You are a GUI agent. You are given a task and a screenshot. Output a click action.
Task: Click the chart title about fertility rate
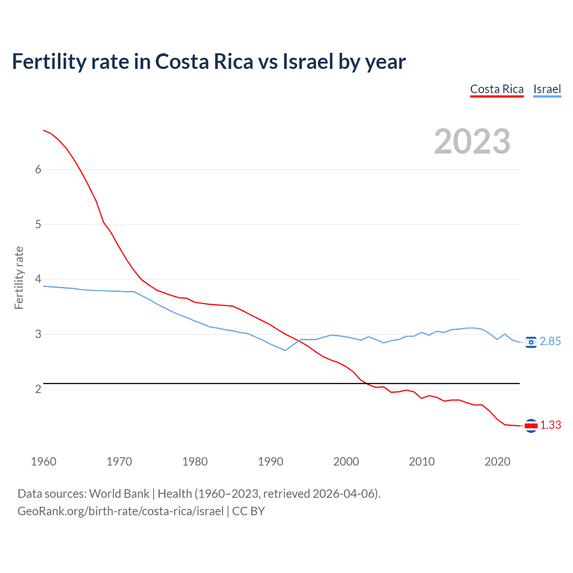(x=209, y=62)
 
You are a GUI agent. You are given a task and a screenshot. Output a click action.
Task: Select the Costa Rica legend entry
(x=496, y=89)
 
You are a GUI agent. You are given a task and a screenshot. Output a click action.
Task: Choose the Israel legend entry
(x=547, y=89)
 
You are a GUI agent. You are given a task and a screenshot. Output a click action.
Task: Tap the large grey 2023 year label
(x=472, y=141)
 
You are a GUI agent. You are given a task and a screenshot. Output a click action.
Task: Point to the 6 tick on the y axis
(x=38, y=169)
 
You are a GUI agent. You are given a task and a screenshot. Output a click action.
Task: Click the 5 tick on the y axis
(x=38, y=224)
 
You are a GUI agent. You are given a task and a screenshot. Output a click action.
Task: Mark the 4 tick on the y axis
(x=38, y=279)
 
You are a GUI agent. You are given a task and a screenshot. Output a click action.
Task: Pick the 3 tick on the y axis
(x=38, y=334)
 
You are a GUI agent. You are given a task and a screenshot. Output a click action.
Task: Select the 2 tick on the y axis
(x=38, y=389)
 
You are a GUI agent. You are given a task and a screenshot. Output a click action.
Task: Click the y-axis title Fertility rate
(x=19, y=278)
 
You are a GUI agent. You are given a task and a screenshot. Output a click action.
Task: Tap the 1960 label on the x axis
(x=43, y=462)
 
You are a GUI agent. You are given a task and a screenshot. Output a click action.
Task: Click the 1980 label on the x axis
(x=195, y=462)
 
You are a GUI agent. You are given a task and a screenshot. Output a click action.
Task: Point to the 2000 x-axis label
(x=346, y=462)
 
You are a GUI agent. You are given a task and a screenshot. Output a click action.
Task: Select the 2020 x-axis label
(x=497, y=462)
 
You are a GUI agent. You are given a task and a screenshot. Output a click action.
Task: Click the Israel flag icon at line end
(x=531, y=342)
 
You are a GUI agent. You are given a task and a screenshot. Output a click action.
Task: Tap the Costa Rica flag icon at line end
(x=531, y=425)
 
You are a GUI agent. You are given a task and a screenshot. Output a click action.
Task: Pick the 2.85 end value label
(x=550, y=342)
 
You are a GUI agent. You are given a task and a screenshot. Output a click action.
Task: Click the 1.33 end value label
(x=550, y=425)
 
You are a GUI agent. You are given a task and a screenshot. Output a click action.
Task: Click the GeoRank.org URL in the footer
(x=120, y=511)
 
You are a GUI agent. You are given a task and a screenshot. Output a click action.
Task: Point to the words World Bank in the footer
(x=119, y=494)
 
